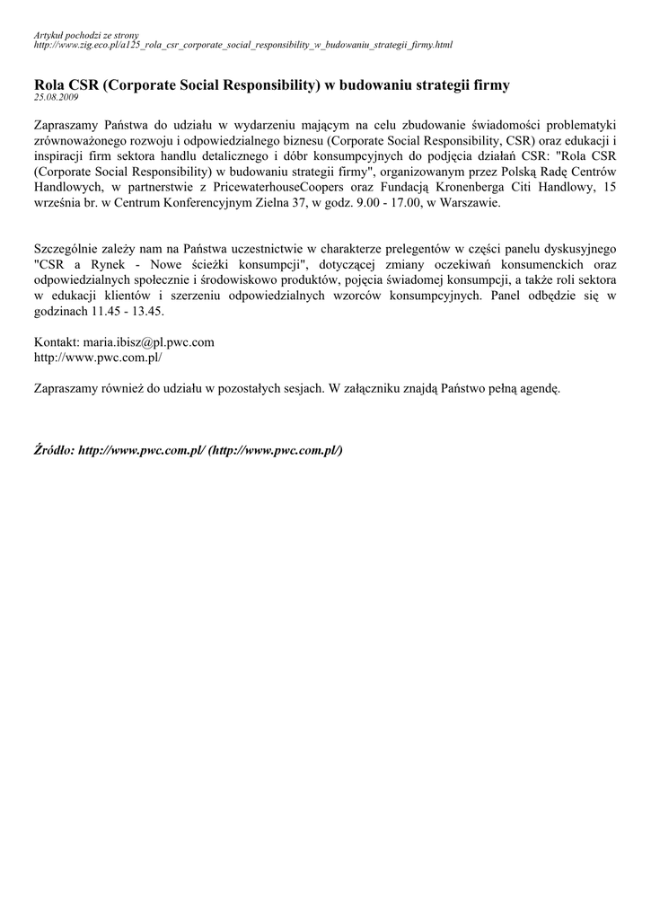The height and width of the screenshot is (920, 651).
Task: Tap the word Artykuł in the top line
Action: tap(48, 34)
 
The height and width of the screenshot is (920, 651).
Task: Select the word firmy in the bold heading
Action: tap(488, 85)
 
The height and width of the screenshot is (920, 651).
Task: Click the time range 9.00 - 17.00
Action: tap(361, 204)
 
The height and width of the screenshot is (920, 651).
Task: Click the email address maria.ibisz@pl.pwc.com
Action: tap(148, 342)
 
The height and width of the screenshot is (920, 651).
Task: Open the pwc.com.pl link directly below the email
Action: tap(98, 358)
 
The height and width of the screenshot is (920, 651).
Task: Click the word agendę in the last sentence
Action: tap(536, 389)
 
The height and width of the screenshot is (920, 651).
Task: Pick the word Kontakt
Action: tap(56, 342)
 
